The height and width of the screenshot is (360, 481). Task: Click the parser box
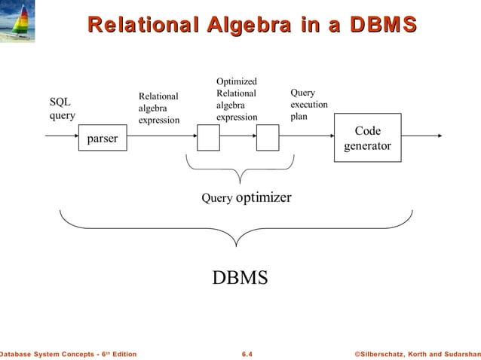[x=103, y=139]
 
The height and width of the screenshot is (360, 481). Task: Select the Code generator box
[x=367, y=138]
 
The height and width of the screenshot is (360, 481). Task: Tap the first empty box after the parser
[x=208, y=138]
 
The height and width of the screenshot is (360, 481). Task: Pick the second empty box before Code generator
[x=268, y=138]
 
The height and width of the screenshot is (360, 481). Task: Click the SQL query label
[x=62, y=108]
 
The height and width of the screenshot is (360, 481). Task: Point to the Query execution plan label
[x=308, y=105]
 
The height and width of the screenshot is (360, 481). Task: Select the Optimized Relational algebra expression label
[x=237, y=99]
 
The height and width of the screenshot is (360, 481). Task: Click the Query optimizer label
[x=246, y=197]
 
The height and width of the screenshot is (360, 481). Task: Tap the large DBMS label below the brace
[x=240, y=277]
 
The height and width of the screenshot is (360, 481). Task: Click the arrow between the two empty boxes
[x=238, y=137]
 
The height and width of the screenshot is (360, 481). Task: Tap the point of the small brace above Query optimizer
[x=240, y=183]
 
